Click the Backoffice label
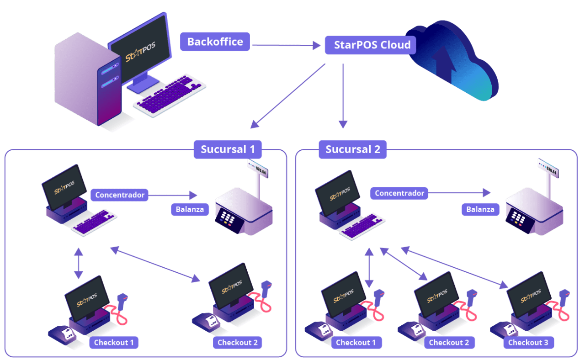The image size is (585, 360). tap(215, 42)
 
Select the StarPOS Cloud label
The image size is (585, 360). tap(372, 45)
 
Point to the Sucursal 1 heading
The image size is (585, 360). tap(228, 149)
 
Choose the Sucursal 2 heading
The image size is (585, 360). tap(353, 149)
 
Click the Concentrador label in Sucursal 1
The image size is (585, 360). tap(120, 195)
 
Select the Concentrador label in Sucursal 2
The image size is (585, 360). tap(399, 193)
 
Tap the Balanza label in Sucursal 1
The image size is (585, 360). tap(190, 210)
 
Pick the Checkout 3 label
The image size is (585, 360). tap(531, 343)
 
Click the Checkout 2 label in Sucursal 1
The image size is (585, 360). tap(237, 343)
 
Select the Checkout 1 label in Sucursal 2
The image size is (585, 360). tap(356, 343)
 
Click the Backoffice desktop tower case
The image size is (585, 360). tap(87, 82)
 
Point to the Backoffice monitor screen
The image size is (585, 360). tap(141, 51)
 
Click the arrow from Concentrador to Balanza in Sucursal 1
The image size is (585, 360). tap(174, 195)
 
